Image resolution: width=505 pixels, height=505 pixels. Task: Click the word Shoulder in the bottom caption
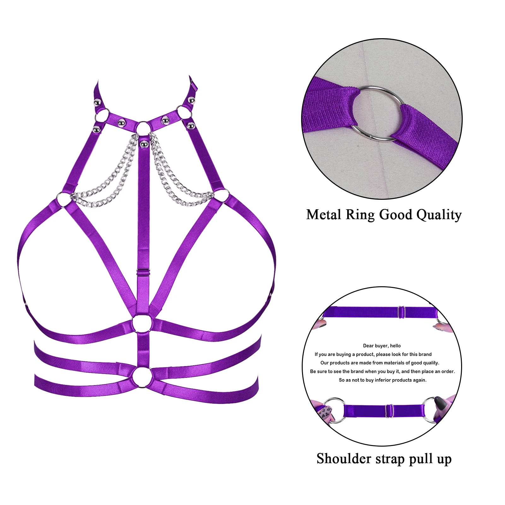click(x=344, y=459)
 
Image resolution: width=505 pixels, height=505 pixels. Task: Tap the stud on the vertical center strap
click(x=144, y=144)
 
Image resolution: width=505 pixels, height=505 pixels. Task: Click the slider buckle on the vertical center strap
click(x=143, y=272)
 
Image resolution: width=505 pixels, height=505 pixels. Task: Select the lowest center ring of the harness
click(x=142, y=377)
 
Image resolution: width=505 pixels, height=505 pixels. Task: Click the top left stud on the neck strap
click(x=98, y=103)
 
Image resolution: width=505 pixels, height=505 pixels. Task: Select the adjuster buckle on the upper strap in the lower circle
click(x=401, y=312)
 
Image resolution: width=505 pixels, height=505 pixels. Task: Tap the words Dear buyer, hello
click(x=382, y=346)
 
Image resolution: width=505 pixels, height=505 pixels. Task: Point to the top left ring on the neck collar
click(x=102, y=116)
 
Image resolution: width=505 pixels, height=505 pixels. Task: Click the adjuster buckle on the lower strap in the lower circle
click(x=389, y=411)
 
